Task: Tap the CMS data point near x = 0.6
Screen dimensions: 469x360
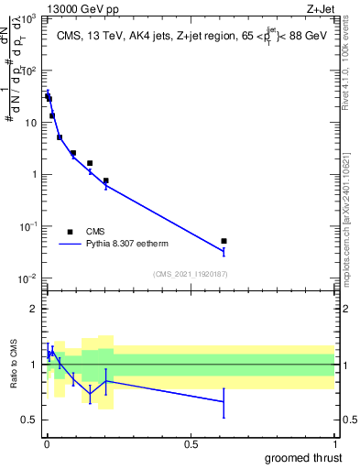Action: coord(224,241)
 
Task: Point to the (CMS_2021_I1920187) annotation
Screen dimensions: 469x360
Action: coord(190,274)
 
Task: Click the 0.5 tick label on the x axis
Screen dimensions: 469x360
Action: coord(190,442)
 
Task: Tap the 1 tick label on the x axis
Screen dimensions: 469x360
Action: coord(334,442)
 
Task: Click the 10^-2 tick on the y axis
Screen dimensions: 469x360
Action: coord(28,278)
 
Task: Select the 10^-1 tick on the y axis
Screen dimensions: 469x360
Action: coord(28,226)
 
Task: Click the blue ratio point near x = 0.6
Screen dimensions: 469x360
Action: coord(224,401)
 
